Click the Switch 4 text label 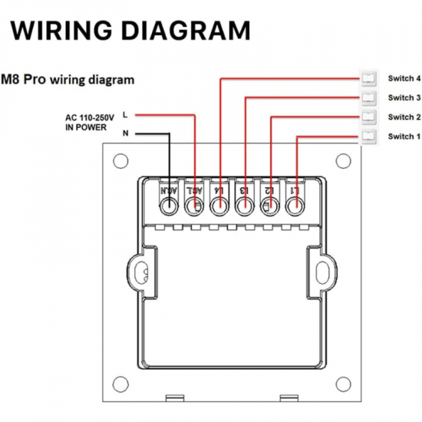point(404,78)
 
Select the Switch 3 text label point(404,97)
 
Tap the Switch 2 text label point(404,117)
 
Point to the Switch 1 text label point(404,136)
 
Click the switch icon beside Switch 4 point(369,78)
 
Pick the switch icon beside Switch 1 point(369,136)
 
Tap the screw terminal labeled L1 point(294,206)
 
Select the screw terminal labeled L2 point(269,206)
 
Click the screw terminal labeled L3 point(245,206)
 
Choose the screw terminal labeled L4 point(220,206)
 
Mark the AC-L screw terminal point(195,206)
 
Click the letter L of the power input point(125,115)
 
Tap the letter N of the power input point(125,133)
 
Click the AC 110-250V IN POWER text point(89,122)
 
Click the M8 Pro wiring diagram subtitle point(69,79)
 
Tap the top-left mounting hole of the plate point(120,161)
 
